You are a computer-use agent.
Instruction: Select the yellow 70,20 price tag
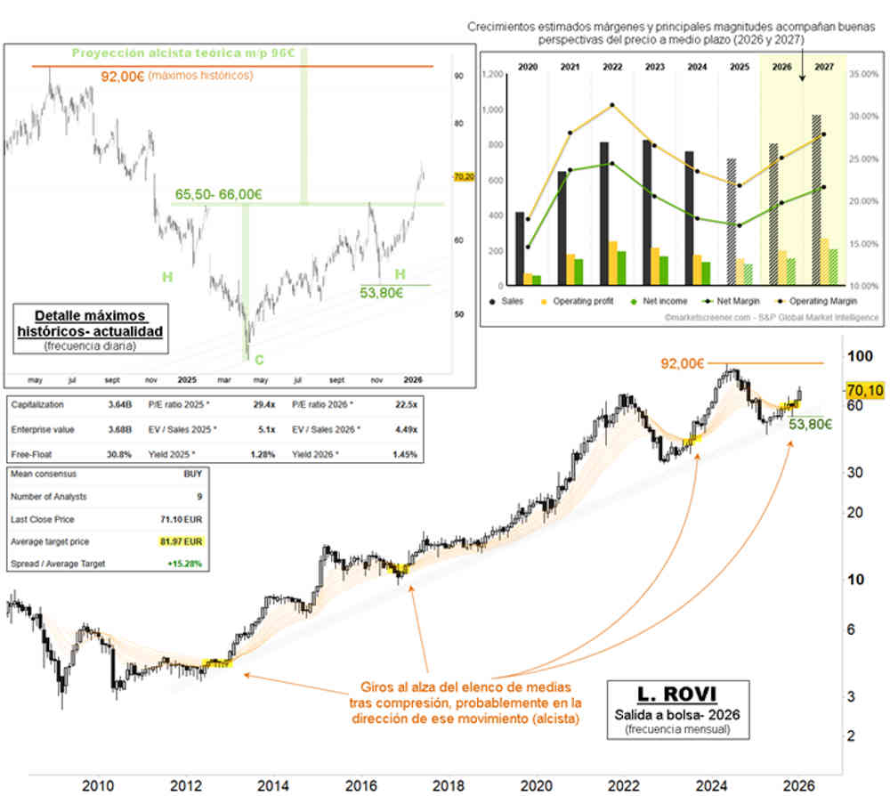463,177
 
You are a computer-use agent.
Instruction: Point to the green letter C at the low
258,360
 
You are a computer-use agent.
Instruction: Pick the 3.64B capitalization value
119,404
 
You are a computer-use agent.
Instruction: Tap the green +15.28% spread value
188,564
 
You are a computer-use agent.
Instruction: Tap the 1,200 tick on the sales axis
492,75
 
